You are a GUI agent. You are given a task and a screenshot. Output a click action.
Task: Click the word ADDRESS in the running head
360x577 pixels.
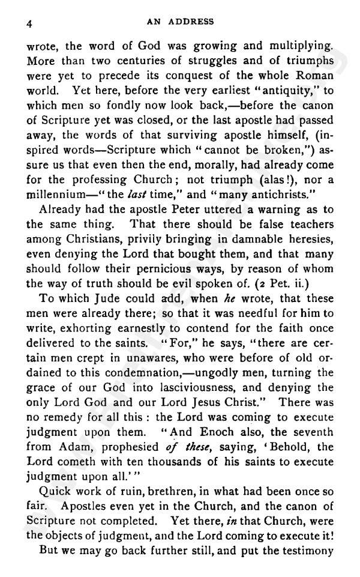[x=193, y=22]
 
